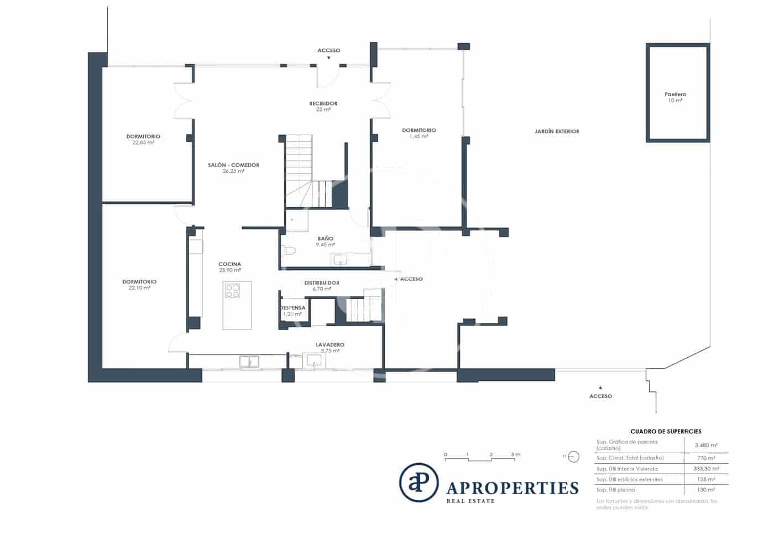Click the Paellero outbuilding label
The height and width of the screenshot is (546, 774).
(675, 94)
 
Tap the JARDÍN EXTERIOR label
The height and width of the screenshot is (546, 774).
(557, 131)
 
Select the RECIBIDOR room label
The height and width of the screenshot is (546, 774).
(323, 104)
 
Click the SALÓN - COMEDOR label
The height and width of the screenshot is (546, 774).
(233, 165)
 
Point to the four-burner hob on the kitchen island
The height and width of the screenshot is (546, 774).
(233, 291)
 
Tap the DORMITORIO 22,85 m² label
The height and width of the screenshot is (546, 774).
(143, 136)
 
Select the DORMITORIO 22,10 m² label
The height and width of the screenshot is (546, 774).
(139, 282)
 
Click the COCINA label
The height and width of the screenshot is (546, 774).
(229, 264)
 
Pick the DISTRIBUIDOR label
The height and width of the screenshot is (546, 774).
(321, 283)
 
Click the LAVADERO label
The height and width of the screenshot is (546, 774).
(330, 345)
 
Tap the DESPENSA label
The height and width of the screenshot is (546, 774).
(292, 308)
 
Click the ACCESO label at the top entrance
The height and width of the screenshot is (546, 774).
(328, 51)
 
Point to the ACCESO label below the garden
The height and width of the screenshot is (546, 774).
(600, 396)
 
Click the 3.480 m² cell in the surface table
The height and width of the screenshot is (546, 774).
(705, 445)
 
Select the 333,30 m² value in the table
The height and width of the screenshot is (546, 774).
(706, 469)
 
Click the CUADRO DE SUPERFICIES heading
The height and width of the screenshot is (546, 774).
(666, 432)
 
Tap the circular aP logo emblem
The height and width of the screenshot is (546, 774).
(419, 482)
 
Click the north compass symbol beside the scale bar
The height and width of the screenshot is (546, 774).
(573, 457)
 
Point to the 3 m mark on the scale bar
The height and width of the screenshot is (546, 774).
(515, 455)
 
